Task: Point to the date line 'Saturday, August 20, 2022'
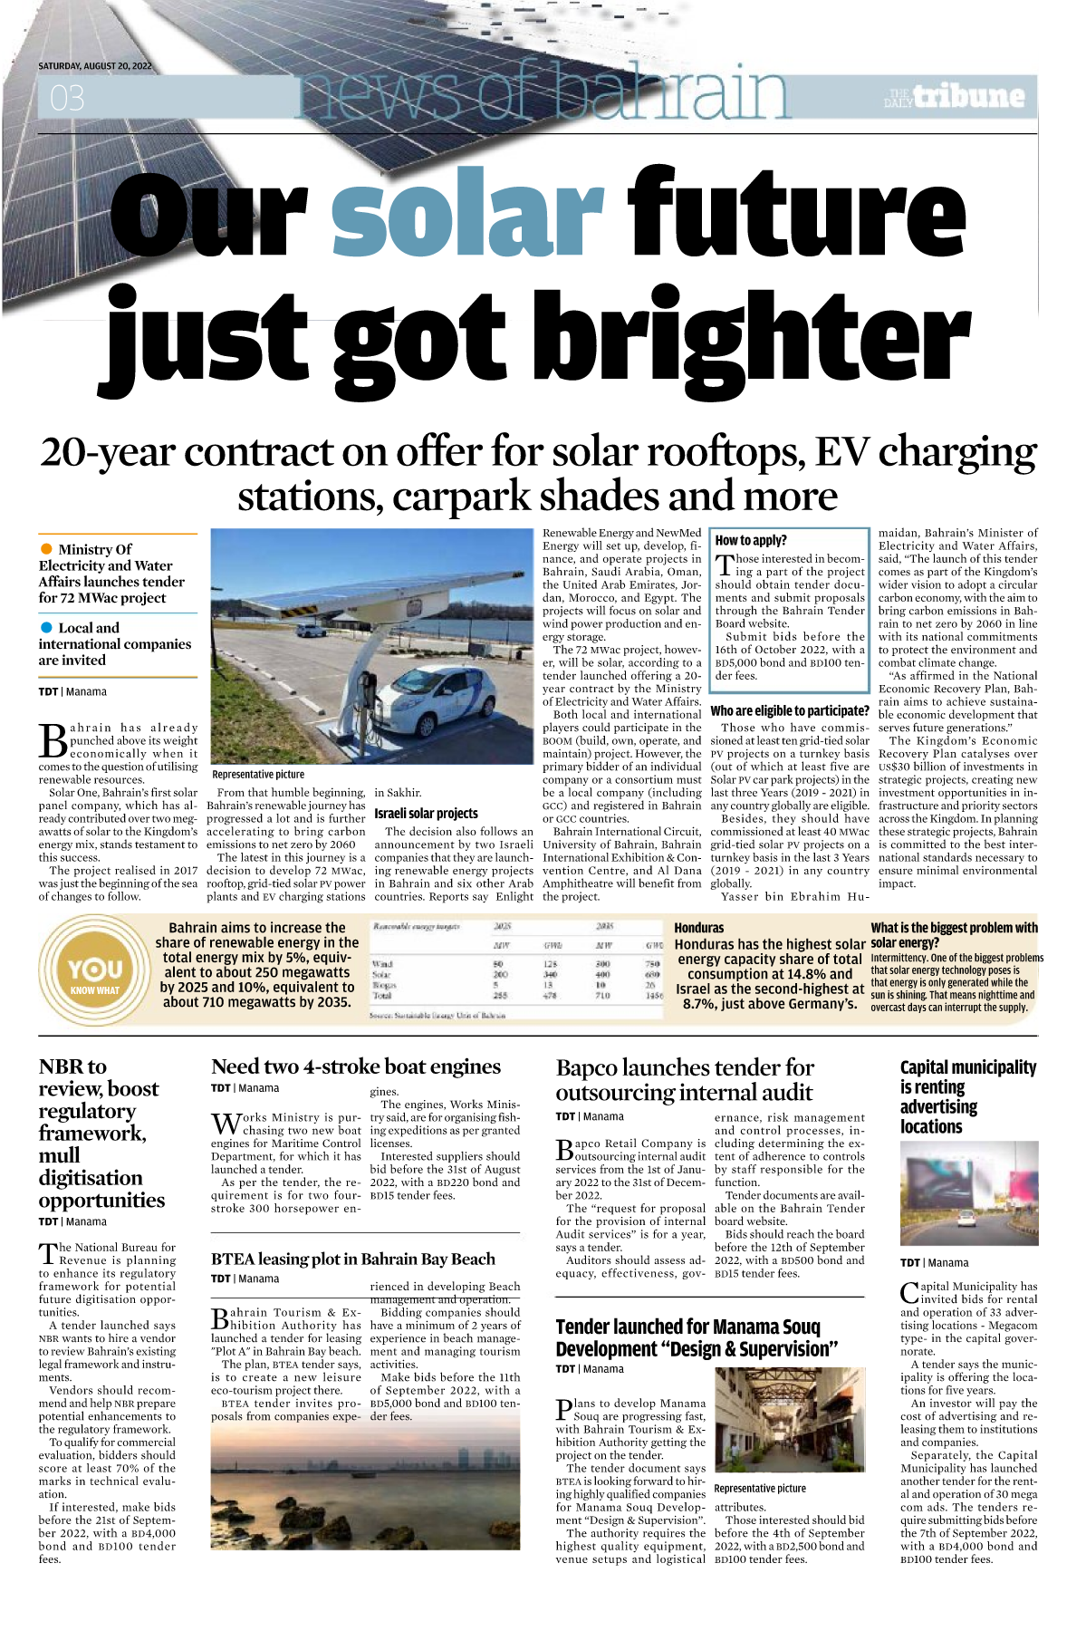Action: [x=95, y=66]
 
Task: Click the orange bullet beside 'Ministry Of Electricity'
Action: [x=46, y=549]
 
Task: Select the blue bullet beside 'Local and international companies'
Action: [x=46, y=627]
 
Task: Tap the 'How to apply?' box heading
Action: [x=751, y=540]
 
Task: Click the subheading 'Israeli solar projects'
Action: [x=426, y=813]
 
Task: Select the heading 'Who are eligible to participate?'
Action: [x=790, y=710]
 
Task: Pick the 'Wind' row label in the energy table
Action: [x=382, y=963]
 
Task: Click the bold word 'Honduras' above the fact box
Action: [x=699, y=927]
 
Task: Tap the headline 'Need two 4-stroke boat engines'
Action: [x=356, y=1066]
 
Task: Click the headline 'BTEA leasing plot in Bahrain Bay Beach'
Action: [x=353, y=1259]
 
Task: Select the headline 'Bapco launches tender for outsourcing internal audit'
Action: [x=685, y=1080]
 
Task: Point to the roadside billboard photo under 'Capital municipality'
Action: [x=968, y=1193]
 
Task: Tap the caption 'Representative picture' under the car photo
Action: [x=258, y=775]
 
